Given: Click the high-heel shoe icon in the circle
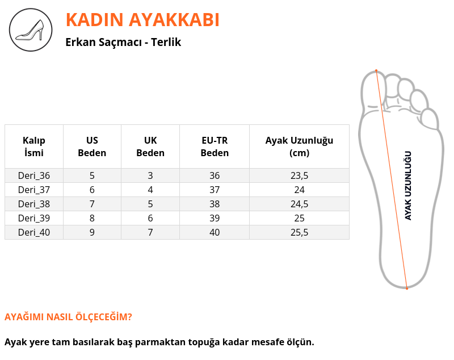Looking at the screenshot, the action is pos(31,30).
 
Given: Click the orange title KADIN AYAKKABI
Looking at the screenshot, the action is pos(142,20).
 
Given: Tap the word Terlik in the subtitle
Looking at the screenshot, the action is pos(166,42).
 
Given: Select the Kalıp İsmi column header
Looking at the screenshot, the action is pos(34,146).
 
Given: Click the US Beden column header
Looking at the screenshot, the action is pos(92,146).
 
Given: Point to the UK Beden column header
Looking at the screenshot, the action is pos(150,146).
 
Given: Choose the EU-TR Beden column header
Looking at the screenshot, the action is pos(215,146).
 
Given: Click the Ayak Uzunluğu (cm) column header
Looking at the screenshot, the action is pos(300,146).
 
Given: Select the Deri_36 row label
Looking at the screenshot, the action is pos(34,175).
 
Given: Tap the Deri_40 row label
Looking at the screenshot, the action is pos(34,232).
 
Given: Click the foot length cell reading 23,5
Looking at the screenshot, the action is pos(300,175).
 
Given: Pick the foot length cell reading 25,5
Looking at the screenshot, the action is pos(300,232).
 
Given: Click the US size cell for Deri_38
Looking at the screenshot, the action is pos(92,204).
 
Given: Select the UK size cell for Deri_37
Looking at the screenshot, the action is pos(150,190).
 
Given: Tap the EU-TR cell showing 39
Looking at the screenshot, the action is pos(215,218).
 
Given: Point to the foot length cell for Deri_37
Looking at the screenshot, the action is pos(300,190).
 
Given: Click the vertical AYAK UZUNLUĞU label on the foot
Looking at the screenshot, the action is pos(408,186).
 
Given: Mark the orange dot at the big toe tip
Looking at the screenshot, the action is pos(376,70).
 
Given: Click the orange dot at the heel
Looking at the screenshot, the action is pos(407,288).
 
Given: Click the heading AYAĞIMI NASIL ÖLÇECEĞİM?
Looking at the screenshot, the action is pos(68,316).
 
